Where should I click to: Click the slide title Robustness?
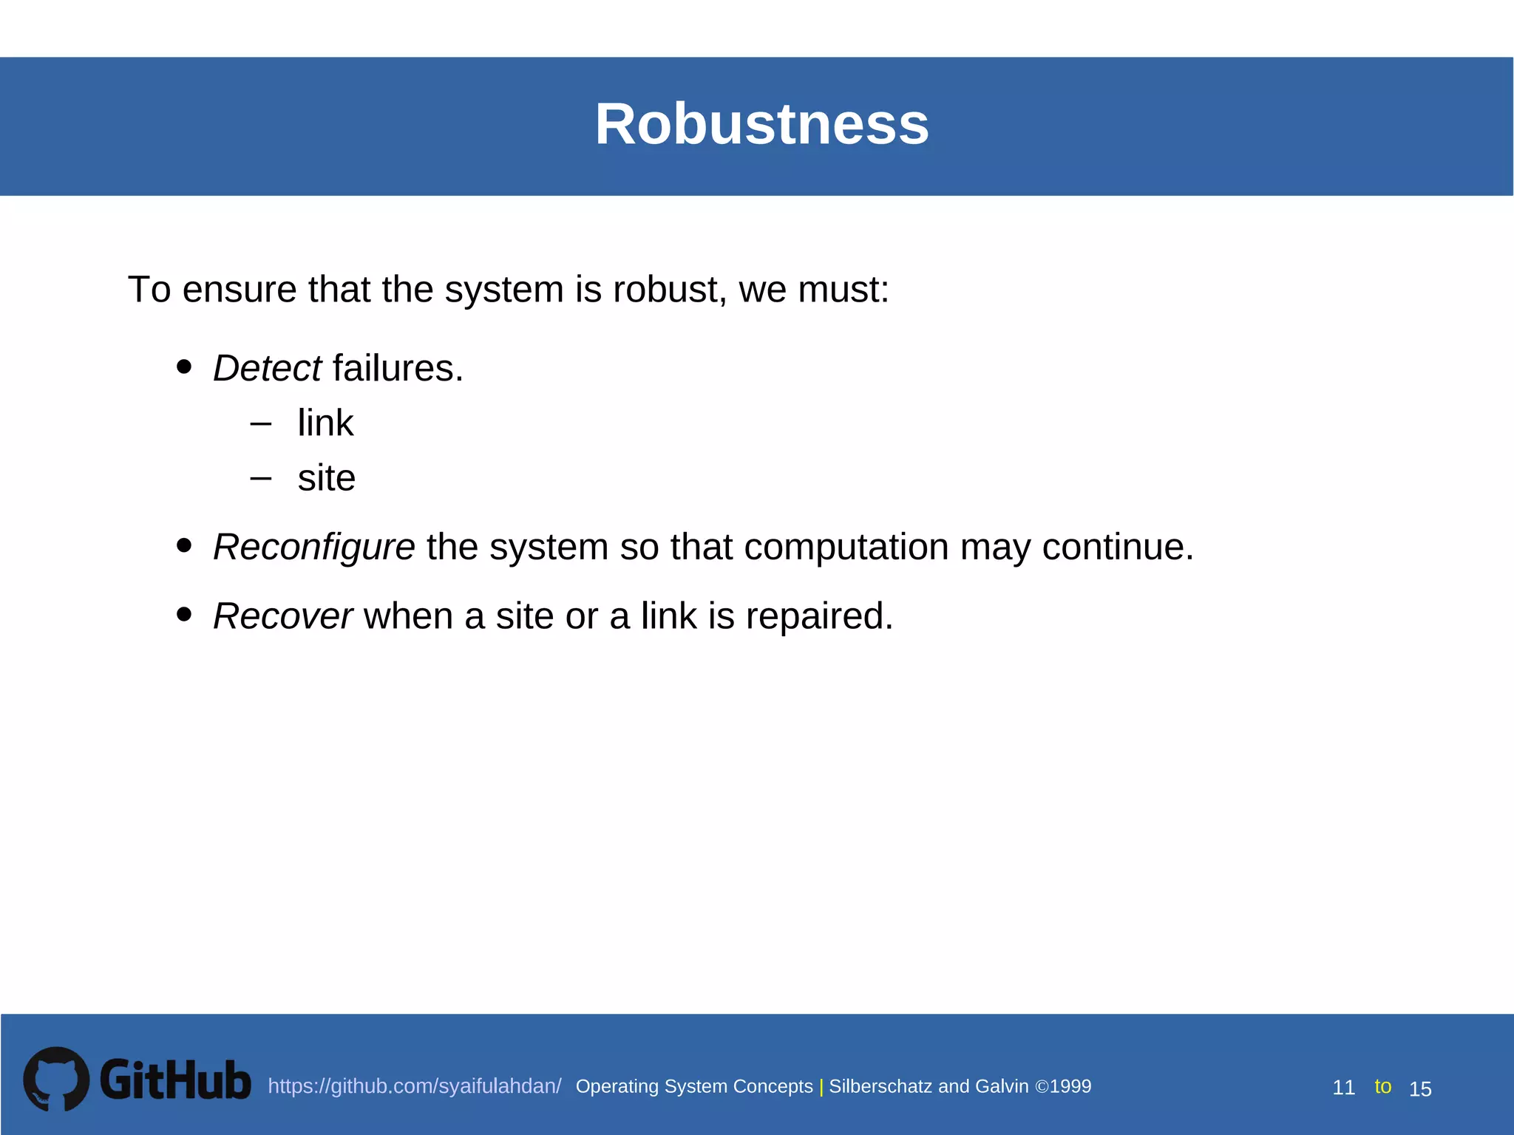point(761,124)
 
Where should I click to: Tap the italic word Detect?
point(267,368)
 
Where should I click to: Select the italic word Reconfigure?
point(313,547)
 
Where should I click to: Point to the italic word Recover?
point(282,616)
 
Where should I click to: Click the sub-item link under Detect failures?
point(325,423)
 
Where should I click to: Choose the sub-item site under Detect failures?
point(327,478)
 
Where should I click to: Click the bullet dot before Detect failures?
point(185,367)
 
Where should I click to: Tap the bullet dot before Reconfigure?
point(185,545)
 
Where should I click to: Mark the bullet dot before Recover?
point(185,614)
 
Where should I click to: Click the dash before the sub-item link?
point(261,424)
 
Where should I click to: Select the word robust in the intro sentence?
point(665,289)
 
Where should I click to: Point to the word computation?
point(846,547)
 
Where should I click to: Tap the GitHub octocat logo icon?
point(56,1079)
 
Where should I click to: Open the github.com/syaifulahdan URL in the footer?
point(414,1086)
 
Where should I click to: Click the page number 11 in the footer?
point(1343,1088)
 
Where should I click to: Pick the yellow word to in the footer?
point(1382,1086)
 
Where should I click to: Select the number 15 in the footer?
point(1420,1089)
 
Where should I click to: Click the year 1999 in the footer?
point(1070,1086)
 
